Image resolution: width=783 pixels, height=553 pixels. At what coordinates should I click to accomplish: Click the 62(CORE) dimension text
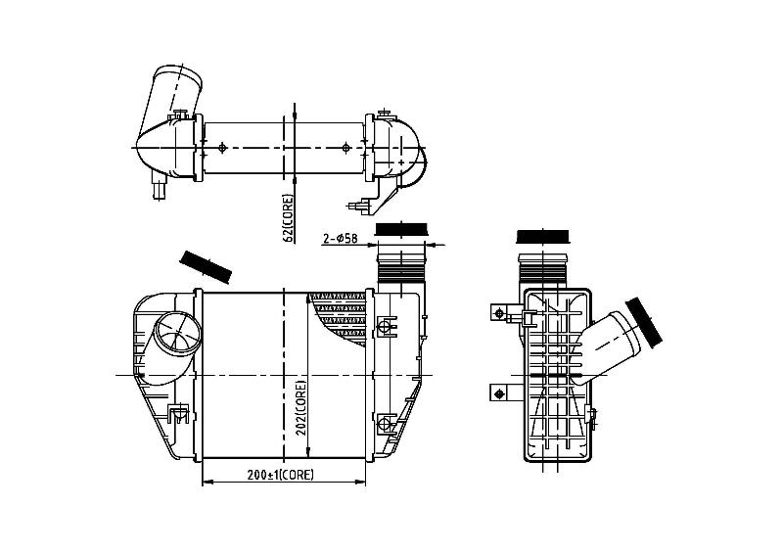tap(289, 218)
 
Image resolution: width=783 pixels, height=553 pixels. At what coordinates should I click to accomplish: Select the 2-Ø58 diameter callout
tap(340, 239)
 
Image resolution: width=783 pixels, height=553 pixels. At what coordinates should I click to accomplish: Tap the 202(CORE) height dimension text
tap(300, 408)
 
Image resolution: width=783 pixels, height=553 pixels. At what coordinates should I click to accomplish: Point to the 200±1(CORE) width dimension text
tap(281, 475)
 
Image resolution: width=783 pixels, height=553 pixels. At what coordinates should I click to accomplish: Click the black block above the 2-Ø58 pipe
tap(401, 229)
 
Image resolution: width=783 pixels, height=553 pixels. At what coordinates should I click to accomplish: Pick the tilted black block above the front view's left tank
tap(206, 267)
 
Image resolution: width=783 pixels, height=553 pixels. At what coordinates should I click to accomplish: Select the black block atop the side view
tap(543, 236)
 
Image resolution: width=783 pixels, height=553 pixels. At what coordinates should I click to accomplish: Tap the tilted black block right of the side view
tap(644, 323)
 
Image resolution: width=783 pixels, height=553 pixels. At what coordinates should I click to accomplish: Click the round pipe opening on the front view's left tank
tap(176, 334)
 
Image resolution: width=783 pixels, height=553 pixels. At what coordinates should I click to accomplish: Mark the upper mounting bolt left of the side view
tap(499, 313)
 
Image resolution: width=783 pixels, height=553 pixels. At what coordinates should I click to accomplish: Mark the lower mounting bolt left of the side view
tap(499, 393)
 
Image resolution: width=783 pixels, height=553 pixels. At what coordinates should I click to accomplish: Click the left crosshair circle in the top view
tap(223, 148)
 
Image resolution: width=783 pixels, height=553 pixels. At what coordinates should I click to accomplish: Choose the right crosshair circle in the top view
tap(346, 148)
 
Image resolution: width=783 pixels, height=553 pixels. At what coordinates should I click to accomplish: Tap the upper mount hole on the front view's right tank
tap(385, 327)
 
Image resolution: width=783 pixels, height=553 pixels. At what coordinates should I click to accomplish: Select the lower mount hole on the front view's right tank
tap(385, 423)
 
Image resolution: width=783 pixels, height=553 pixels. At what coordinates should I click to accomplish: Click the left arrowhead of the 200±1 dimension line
tap(207, 483)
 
